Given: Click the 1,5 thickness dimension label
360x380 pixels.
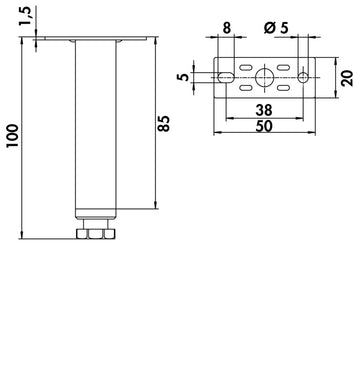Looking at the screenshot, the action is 25,17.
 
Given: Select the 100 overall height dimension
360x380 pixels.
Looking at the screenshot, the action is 13,136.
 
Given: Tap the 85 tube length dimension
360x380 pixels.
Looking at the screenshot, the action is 164,124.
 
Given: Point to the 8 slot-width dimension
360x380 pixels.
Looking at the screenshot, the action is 226,28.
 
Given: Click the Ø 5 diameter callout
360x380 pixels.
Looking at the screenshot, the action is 276,28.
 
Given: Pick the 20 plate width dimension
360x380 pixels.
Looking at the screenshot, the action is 347,78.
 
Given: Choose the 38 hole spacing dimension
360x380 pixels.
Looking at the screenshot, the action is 264,110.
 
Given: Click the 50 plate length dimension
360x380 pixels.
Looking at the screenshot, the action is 264,126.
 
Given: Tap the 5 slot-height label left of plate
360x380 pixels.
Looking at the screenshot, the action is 183,77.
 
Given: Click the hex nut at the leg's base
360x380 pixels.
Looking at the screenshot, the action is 96,233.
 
